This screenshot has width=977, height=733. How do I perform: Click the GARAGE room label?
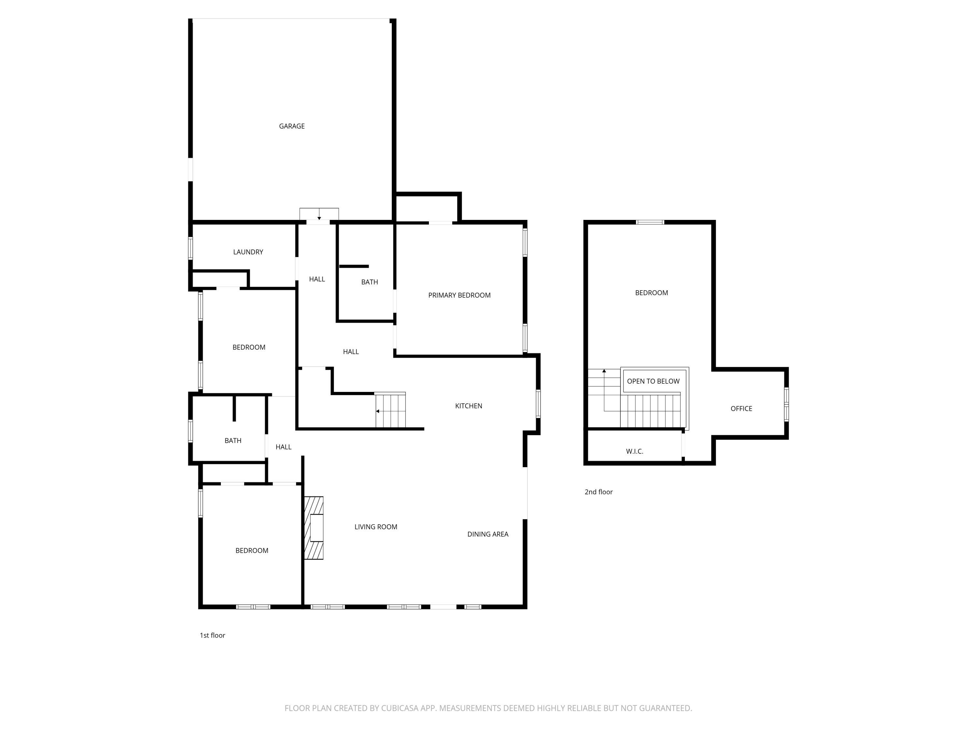click(291, 126)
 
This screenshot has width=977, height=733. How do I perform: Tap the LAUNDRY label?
click(248, 252)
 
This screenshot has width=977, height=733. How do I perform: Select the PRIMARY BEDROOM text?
click(459, 295)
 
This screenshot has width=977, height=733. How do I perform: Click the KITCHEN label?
click(468, 406)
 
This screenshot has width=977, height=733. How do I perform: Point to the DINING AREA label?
click(488, 534)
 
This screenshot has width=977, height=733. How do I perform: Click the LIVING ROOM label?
click(375, 527)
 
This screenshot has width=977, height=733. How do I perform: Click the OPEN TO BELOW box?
click(653, 381)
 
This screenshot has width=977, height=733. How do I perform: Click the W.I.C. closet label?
click(634, 451)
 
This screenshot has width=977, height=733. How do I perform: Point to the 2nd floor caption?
click(599, 492)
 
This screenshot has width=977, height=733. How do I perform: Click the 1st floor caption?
click(212, 635)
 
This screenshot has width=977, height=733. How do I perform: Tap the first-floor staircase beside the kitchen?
click(390, 410)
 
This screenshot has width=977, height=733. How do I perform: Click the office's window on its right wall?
click(786, 404)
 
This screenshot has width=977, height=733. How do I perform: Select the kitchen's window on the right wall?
click(538, 403)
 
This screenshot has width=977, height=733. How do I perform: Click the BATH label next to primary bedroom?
click(369, 282)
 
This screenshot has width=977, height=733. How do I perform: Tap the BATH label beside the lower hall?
click(233, 440)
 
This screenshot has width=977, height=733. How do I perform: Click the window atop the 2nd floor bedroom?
click(650, 222)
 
